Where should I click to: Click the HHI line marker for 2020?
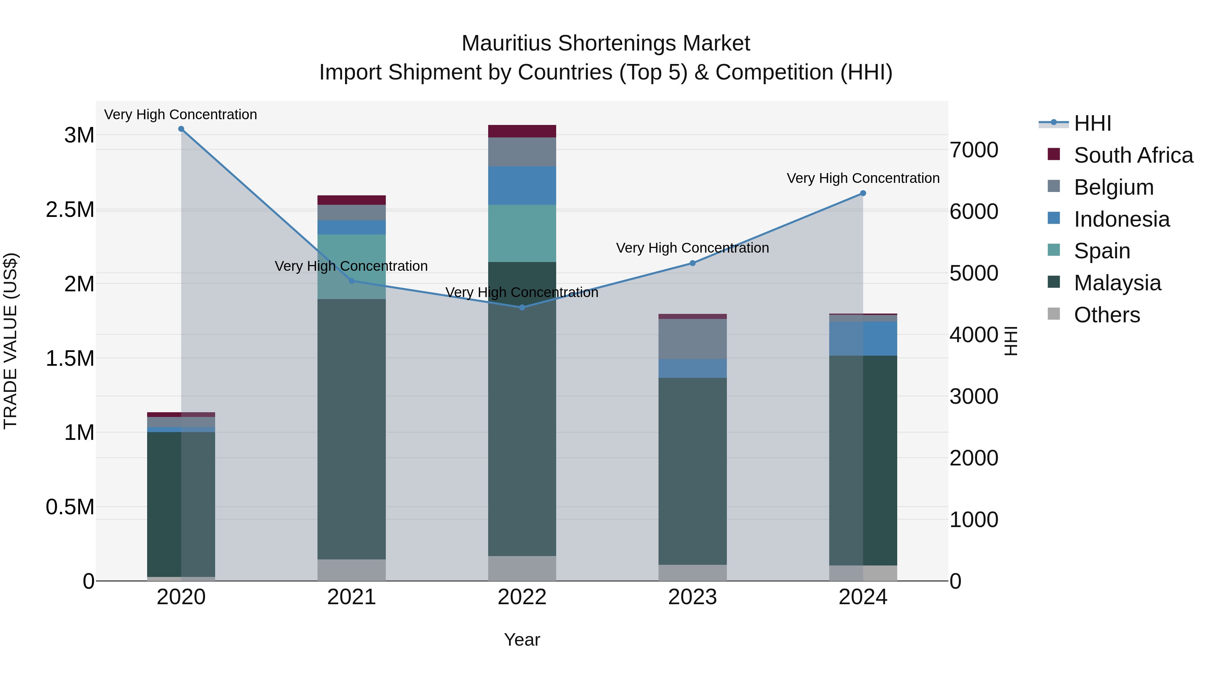(x=181, y=129)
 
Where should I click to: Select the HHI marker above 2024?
(x=863, y=193)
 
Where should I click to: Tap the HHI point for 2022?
(x=522, y=307)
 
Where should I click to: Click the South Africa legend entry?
(x=1133, y=155)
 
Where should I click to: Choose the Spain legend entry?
(x=1102, y=251)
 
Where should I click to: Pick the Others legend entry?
(x=1107, y=315)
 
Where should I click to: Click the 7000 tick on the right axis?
(x=973, y=150)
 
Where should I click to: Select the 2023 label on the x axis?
(x=692, y=597)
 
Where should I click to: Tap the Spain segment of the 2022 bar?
(x=522, y=233)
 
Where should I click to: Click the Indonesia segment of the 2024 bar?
(x=863, y=338)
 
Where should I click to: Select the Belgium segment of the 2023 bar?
(x=692, y=339)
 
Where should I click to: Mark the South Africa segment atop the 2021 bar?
(x=351, y=200)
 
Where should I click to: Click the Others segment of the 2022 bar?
(x=522, y=568)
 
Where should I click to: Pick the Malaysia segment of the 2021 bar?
(x=351, y=428)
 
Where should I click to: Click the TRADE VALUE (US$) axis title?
(x=10, y=341)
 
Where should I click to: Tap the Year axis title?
(x=522, y=640)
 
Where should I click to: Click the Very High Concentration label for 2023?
(x=692, y=248)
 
